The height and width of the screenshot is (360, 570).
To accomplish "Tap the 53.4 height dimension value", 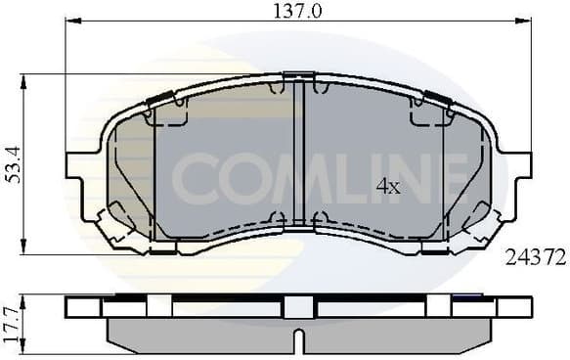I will (11, 164).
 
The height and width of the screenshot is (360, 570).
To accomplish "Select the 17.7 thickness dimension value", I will (11, 321).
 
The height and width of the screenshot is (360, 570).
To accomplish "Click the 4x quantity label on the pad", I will (388, 186).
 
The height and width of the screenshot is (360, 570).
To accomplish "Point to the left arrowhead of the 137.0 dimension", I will (70, 22).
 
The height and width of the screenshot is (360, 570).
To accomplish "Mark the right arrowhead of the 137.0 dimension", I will (526, 22).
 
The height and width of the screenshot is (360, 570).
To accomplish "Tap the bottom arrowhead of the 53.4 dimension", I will (23, 250).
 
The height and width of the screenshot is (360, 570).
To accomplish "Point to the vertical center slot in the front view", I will (299, 157).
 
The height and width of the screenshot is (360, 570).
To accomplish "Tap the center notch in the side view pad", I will (299, 343).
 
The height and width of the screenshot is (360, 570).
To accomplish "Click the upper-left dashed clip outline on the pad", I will (166, 113).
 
